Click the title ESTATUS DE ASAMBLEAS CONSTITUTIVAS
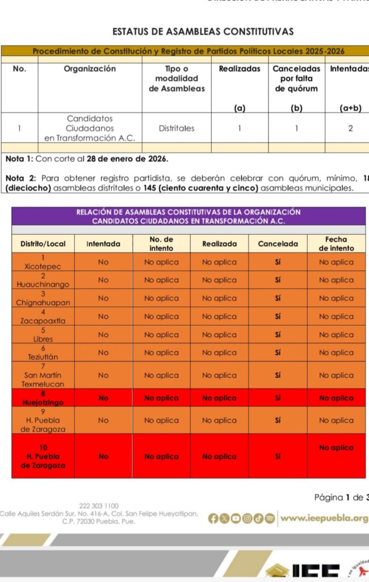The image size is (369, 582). pyautogui.click(x=203, y=31)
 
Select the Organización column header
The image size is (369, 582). pyautogui.click(x=90, y=69)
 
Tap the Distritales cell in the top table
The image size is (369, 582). pyautogui.click(x=177, y=128)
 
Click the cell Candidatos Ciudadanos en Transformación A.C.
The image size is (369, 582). pyautogui.click(x=90, y=128)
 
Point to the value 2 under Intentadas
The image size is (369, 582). pyautogui.click(x=351, y=128)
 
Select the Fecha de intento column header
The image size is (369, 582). pyautogui.click(x=336, y=244)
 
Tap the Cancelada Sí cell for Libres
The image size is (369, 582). pyautogui.click(x=278, y=335)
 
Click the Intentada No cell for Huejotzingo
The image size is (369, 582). pyautogui.click(x=103, y=398)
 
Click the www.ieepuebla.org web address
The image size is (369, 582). pyautogui.click(x=324, y=518)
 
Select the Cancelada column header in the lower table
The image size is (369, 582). pyautogui.click(x=278, y=244)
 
